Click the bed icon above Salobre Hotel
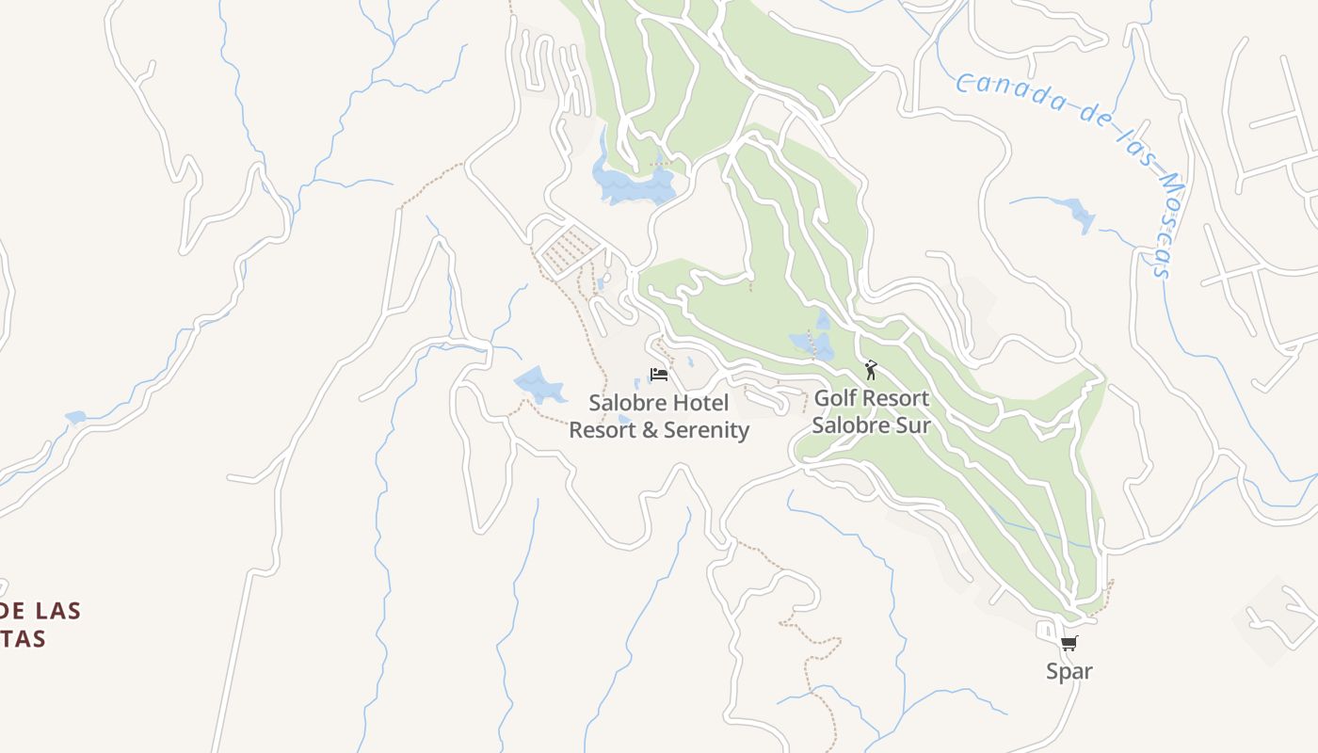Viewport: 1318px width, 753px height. pos(659,375)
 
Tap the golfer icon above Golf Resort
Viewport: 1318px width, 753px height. pos(871,370)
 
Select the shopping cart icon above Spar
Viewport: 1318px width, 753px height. pos(1069,645)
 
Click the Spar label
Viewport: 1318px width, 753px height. pos(1069,671)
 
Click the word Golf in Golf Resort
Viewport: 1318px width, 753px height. pos(834,398)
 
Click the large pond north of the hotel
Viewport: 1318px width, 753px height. pos(633,183)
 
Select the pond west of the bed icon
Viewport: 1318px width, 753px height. pos(538,384)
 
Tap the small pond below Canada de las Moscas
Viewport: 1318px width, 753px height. pos(1079,215)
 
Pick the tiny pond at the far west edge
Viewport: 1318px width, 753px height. pos(74,417)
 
